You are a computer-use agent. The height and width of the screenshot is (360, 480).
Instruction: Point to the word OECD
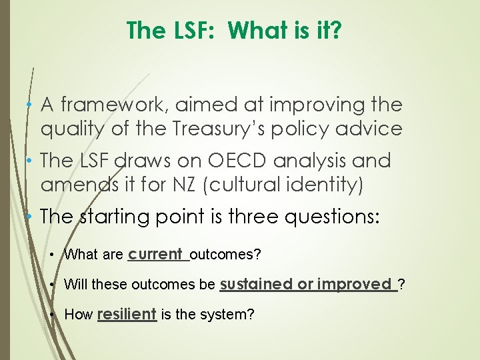click(234, 161)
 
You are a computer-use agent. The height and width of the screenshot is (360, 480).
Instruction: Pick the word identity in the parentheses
click(323, 184)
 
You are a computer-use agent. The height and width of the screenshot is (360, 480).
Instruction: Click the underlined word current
click(156, 254)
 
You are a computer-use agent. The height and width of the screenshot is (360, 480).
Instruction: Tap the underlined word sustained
click(256, 284)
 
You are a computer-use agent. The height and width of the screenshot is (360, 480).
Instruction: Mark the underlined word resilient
click(127, 314)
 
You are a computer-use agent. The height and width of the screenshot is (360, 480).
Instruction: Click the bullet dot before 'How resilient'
click(53, 315)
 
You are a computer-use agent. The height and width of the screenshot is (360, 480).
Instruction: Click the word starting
click(117, 217)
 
